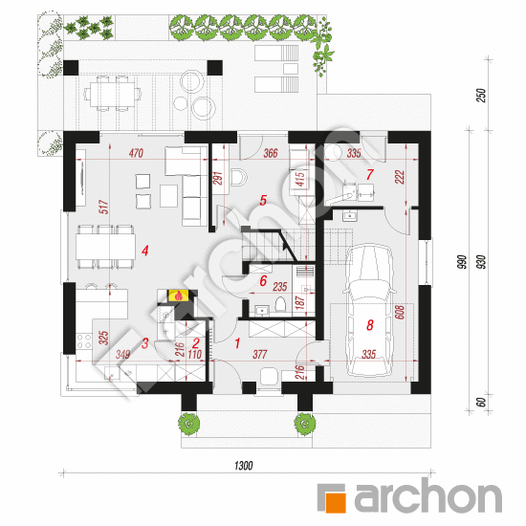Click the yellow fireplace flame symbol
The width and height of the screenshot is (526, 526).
point(179,296)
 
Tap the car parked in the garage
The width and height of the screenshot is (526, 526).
point(369,311)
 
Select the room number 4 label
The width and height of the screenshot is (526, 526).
point(145,251)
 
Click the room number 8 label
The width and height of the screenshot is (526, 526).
point(370,324)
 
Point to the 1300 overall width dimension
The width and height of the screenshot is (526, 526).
point(243,466)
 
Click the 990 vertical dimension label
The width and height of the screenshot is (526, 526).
point(462,262)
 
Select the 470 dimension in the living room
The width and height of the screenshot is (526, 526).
point(136,153)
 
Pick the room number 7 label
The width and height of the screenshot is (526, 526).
point(370,174)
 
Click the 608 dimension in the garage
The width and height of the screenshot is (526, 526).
point(400,312)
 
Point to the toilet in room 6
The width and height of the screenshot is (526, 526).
point(280,304)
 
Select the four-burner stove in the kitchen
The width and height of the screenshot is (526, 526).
point(84,340)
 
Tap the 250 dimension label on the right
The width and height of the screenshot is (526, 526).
point(481,96)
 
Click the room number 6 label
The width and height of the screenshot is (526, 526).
point(263,281)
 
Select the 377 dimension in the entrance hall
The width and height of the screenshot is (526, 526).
point(259,354)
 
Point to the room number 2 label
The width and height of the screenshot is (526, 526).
point(196,343)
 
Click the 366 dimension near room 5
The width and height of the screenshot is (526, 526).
point(271,153)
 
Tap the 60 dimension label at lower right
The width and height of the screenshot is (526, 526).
point(481,403)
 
